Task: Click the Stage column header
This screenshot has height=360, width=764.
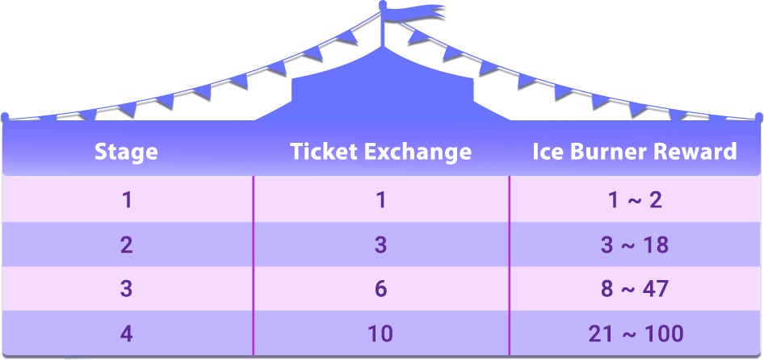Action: [x=126, y=151]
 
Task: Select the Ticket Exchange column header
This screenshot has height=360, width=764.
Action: [x=381, y=151]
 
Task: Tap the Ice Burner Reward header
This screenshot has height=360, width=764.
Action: [x=635, y=151]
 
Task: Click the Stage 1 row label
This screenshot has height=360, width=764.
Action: [x=127, y=199]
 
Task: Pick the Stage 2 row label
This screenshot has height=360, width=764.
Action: [x=127, y=245]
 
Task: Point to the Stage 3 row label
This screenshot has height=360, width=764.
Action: [x=127, y=289]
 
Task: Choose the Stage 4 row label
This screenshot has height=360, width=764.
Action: [x=127, y=333]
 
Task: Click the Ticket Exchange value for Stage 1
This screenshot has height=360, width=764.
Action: [x=381, y=199]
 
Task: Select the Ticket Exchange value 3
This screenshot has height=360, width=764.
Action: [x=381, y=245]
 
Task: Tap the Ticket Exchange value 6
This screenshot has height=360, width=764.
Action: [x=381, y=289]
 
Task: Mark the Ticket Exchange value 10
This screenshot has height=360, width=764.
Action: [x=381, y=333]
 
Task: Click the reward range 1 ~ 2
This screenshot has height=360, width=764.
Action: [x=635, y=199]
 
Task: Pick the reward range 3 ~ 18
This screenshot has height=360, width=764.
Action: [x=635, y=245]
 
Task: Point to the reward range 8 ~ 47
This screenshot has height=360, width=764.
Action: [x=635, y=289]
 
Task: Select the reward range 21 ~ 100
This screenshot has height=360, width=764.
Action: [x=635, y=333]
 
